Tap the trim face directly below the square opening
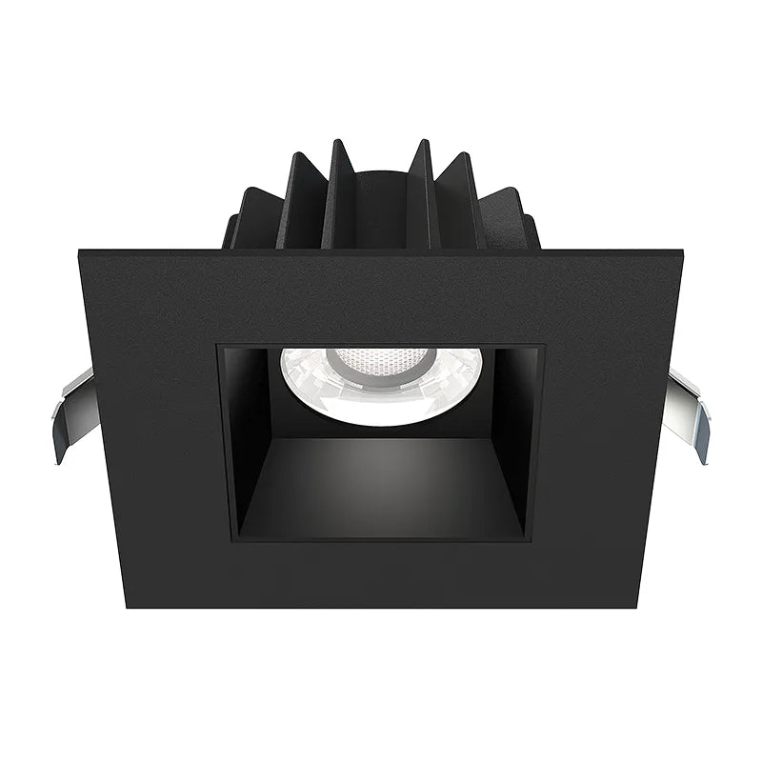click(381, 576)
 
